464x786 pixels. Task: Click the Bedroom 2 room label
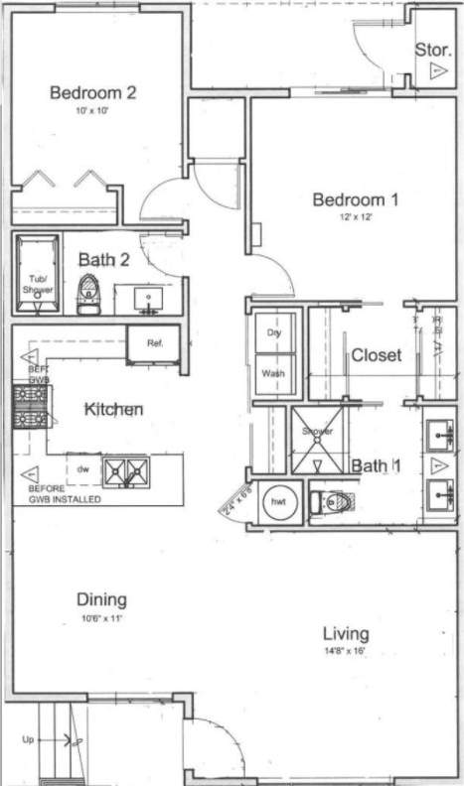(92, 93)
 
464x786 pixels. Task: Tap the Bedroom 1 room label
(355, 200)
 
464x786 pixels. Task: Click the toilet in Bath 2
(88, 294)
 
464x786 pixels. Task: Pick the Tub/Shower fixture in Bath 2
(38, 275)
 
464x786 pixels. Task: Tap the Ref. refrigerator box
(154, 343)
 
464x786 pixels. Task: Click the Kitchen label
(113, 409)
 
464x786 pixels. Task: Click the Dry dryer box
(274, 332)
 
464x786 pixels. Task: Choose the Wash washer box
(274, 373)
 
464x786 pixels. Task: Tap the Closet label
(376, 354)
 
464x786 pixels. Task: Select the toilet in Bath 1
(329, 502)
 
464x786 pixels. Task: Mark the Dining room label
(101, 599)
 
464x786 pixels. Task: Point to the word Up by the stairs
(29, 740)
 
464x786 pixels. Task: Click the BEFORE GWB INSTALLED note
(66, 493)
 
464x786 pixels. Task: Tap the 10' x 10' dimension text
(92, 111)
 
